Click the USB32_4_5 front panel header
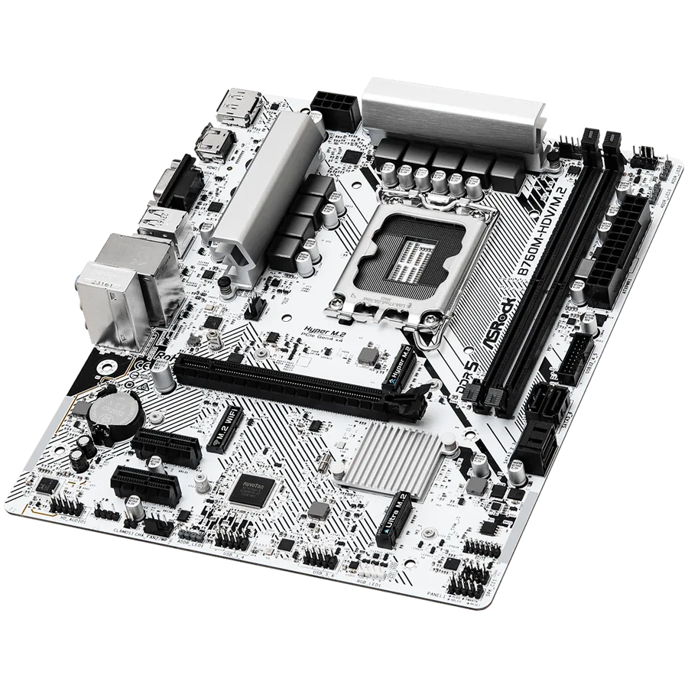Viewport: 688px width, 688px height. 577,355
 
